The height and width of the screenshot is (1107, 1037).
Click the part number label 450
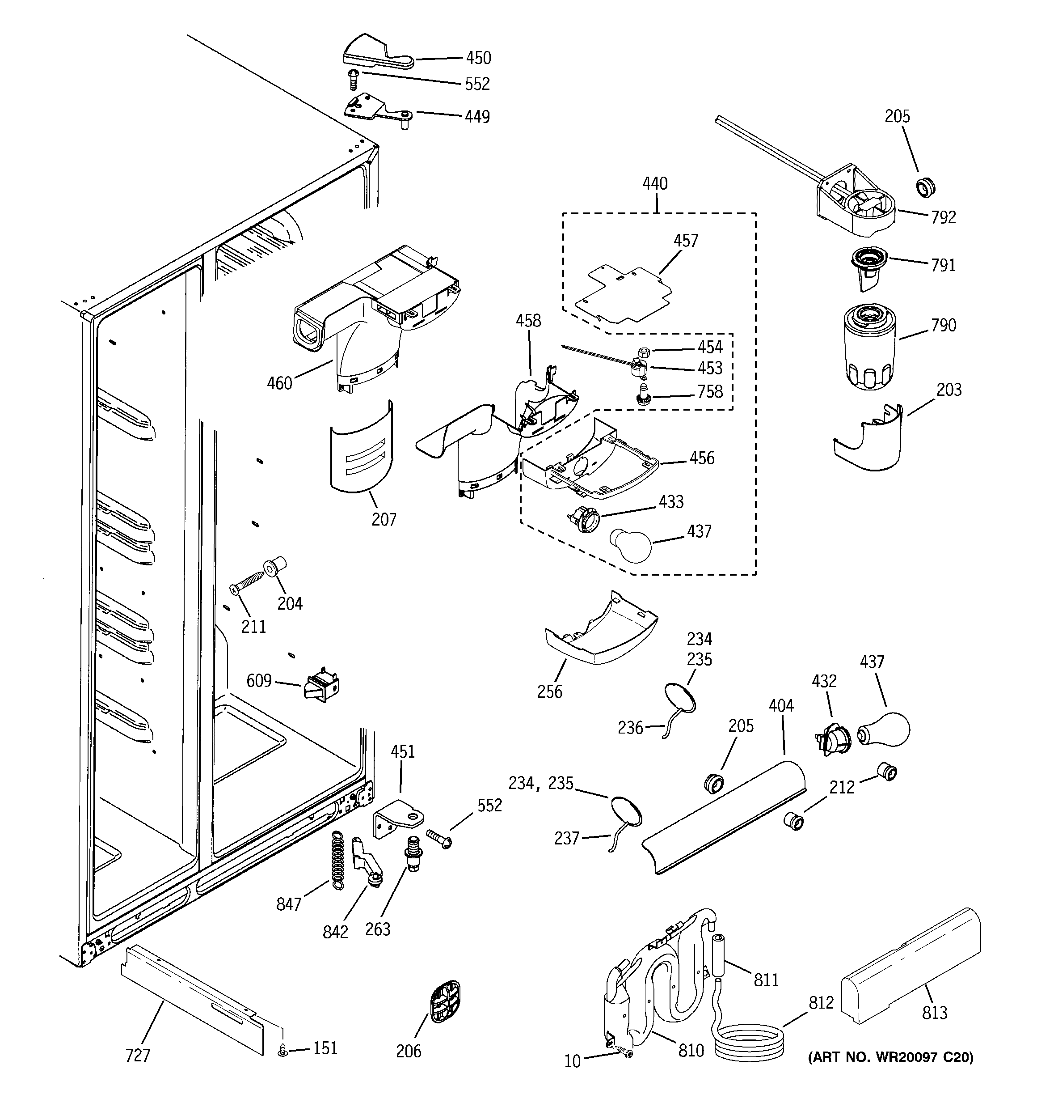click(x=478, y=58)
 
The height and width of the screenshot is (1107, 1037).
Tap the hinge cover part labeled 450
click(x=376, y=54)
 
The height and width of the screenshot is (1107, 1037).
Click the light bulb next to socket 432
click(x=885, y=730)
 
